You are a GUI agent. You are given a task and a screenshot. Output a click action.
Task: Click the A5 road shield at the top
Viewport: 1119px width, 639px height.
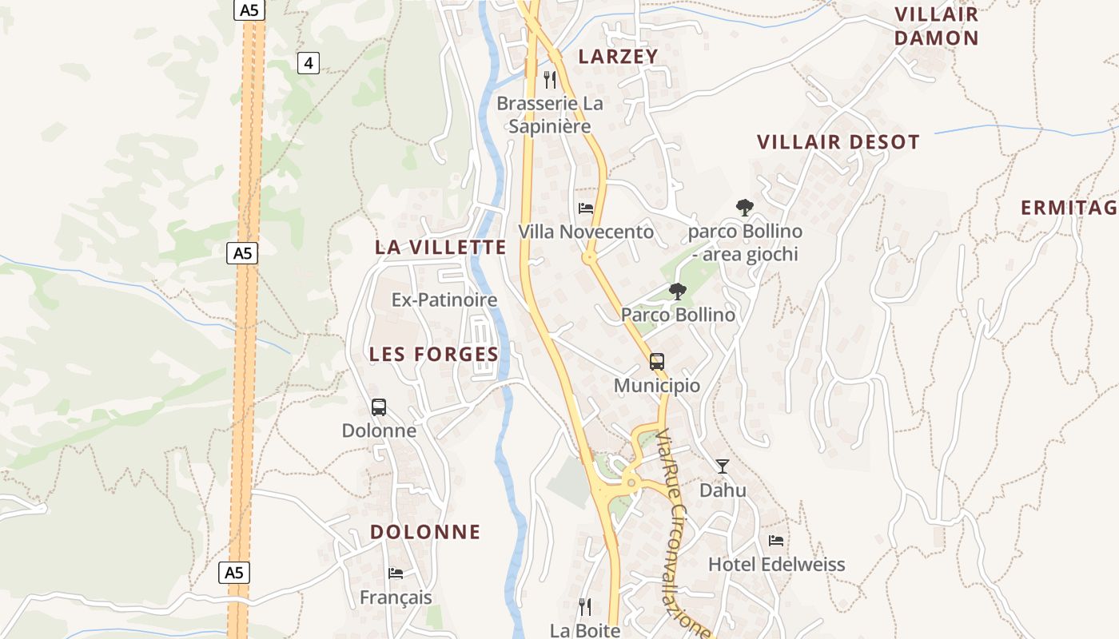249,10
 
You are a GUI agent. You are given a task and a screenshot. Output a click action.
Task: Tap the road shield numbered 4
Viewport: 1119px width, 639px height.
309,62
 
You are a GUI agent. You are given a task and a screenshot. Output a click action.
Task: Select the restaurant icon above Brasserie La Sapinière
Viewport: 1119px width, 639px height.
549,79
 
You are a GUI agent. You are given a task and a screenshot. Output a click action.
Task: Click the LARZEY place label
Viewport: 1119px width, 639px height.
618,56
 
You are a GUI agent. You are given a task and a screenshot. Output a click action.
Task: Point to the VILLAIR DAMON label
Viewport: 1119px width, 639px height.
936,26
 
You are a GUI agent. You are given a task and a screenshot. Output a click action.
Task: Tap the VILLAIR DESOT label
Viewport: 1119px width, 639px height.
838,142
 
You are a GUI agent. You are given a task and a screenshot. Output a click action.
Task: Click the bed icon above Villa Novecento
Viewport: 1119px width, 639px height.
586,208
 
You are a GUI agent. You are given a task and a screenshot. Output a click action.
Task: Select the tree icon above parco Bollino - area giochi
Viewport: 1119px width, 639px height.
745,208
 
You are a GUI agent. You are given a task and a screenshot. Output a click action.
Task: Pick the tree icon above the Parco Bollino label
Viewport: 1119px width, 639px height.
678,291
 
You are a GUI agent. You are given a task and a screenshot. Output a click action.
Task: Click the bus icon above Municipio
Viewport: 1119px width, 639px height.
657,361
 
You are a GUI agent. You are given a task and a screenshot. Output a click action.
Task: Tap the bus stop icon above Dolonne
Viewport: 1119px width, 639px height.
379,407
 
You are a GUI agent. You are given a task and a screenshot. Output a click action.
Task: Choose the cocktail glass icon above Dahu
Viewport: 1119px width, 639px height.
723,466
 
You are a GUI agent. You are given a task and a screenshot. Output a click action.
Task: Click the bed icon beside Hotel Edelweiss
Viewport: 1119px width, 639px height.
776,541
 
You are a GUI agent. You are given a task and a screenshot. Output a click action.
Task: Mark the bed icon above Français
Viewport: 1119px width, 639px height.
396,573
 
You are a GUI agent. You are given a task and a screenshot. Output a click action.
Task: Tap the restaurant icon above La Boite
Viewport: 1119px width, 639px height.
585,607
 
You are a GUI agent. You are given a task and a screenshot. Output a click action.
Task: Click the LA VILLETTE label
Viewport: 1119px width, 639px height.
440,247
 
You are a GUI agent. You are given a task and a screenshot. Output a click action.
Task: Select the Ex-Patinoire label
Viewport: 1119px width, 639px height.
444,300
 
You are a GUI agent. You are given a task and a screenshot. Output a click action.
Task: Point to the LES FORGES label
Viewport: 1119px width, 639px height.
434,354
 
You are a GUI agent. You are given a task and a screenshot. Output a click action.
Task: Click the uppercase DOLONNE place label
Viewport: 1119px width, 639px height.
425,531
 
